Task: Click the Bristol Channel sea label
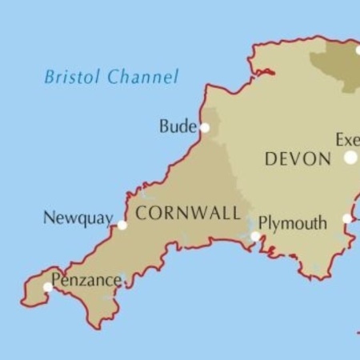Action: click(x=111, y=77)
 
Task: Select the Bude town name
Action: click(x=176, y=126)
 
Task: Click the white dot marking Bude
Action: click(x=205, y=127)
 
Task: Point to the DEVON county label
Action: click(x=298, y=159)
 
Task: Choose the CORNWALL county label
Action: click(x=188, y=213)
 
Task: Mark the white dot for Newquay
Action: click(x=122, y=226)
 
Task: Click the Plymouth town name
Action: click(x=293, y=223)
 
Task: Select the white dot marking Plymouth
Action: click(x=255, y=237)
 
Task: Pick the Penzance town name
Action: click(x=87, y=281)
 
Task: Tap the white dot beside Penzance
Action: click(x=48, y=286)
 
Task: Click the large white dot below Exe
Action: click(x=350, y=158)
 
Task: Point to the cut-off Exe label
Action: click(x=347, y=140)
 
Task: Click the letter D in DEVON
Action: click(x=270, y=159)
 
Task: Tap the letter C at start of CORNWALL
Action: click(x=141, y=213)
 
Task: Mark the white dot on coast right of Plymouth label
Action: click(x=347, y=218)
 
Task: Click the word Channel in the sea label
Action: click(x=143, y=77)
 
